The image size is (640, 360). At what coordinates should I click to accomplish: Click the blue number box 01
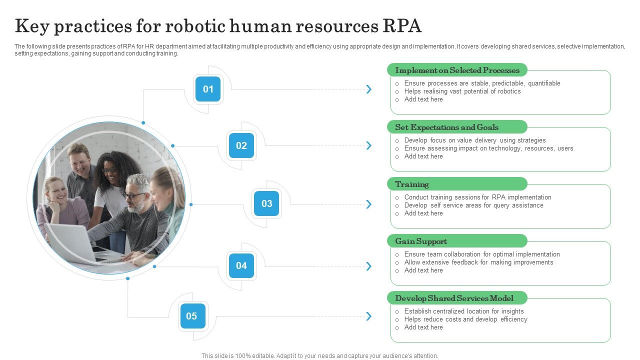208,89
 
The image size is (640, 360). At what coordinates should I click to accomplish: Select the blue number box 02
241,145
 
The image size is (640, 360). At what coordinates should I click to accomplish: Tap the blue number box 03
266,203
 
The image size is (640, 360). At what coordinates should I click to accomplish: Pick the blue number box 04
241,265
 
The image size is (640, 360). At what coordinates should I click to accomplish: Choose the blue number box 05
192,316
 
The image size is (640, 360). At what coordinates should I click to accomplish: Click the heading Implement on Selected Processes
457,70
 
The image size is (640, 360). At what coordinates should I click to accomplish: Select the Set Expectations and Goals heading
446,127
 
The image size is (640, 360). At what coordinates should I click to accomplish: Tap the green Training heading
412,184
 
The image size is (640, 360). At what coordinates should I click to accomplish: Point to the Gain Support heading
421,241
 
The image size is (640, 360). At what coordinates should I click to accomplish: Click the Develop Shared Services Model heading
454,298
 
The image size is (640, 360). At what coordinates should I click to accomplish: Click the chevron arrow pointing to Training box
369,204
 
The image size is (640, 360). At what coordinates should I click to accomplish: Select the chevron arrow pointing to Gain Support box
369,266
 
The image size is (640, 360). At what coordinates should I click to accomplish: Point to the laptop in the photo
72,242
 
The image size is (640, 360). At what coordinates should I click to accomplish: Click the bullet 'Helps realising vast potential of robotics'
462,91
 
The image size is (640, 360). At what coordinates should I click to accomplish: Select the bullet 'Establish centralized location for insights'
464,311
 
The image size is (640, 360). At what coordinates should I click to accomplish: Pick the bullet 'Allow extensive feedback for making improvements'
478,262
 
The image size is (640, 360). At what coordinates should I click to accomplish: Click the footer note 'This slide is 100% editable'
320,356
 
